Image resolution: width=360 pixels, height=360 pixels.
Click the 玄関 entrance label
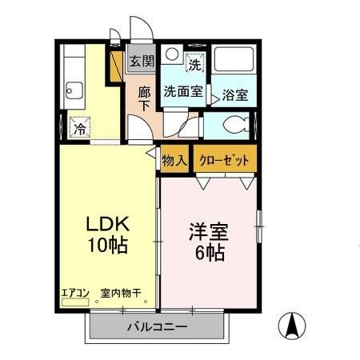[141, 61]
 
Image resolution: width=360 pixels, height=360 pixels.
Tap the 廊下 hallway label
[145, 98]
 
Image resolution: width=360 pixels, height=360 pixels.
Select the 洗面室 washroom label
[184, 91]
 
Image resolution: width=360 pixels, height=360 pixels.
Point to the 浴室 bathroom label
[234, 94]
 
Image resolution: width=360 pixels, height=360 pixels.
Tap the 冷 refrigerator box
[79, 128]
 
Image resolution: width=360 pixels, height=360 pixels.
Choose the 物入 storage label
[174, 160]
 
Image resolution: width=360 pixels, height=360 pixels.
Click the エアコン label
[74, 293]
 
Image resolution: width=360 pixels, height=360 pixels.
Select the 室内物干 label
[120, 293]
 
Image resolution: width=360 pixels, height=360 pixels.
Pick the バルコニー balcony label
[157, 327]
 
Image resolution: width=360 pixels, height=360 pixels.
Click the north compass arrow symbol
[294, 326]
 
